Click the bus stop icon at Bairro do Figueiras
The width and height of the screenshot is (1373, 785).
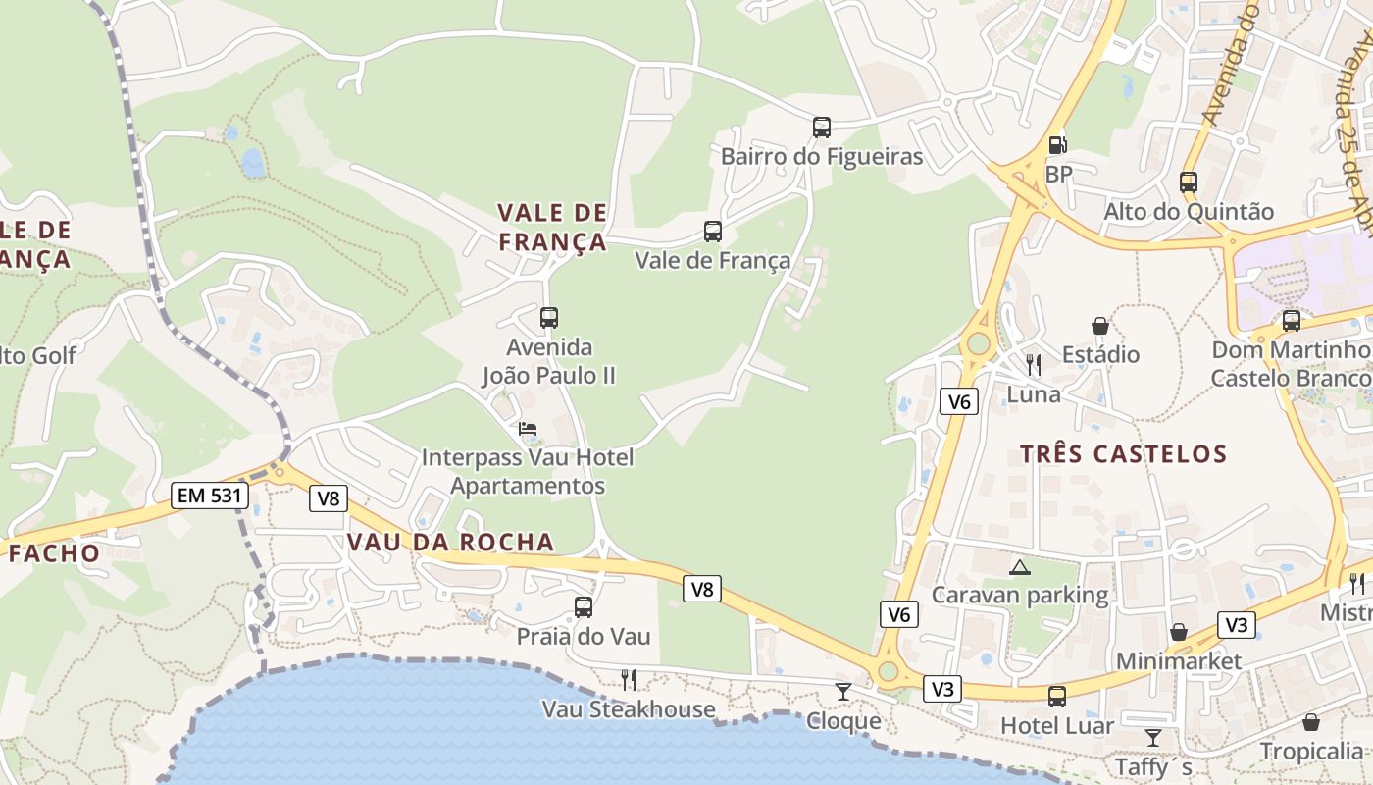point(822,128)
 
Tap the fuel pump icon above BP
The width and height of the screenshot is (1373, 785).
point(1057,145)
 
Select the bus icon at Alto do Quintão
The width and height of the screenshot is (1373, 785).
point(1189,182)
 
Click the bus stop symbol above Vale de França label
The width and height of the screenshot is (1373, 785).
point(713,232)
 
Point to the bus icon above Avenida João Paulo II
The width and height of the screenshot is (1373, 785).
point(549,318)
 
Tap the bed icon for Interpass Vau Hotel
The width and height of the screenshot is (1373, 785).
point(528,429)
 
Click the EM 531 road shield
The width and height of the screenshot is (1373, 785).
point(209,496)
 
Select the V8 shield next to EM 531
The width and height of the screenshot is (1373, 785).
point(329,498)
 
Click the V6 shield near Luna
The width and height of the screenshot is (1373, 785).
point(960,401)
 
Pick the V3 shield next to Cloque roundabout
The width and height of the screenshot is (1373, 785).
point(942,689)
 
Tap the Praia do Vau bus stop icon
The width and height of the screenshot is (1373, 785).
point(584,607)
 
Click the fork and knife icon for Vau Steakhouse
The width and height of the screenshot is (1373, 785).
point(629,679)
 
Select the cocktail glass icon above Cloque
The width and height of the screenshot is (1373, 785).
point(843,692)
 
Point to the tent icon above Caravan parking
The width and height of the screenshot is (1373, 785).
point(1020,567)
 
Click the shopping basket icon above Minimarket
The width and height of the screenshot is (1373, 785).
point(1179,632)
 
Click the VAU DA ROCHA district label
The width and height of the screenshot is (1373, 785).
point(450,543)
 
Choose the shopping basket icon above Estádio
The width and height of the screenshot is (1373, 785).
point(1100,326)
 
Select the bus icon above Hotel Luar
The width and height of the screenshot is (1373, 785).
point(1057,697)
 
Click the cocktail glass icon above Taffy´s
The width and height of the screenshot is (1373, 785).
point(1153,737)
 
